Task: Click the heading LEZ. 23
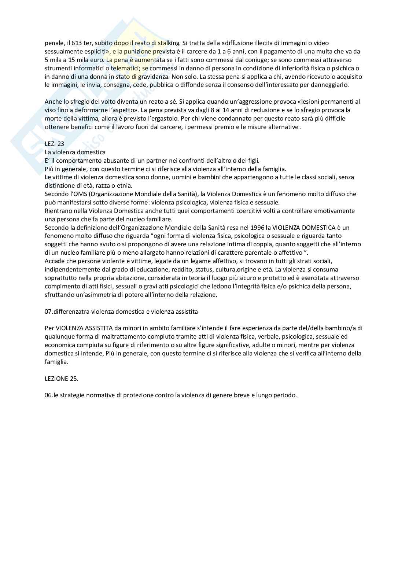tap(54, 144)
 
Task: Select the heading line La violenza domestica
tap(75, 152)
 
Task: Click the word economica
tap(59, 345)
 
